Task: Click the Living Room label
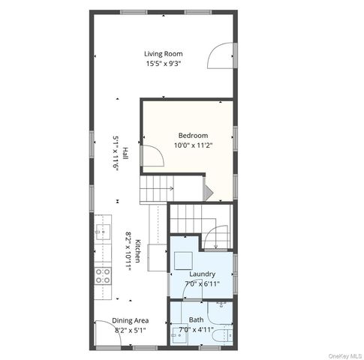coord(164,54)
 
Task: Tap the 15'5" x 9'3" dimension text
coord(164,64)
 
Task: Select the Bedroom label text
coord(192,135)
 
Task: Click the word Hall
coord(125,153)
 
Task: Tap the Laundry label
coord(203,274)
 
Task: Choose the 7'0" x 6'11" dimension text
coord(203,283)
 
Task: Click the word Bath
coord(196,319)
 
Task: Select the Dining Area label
coord(131,320)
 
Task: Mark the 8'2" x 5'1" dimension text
coord(131,330)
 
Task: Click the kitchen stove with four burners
coord(102,275)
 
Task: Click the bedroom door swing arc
coord(152,156)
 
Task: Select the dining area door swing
coord(107,333)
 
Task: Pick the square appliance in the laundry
coord(185,259)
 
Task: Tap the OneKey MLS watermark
coord(339,353)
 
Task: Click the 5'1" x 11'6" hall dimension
coord(116,153)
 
